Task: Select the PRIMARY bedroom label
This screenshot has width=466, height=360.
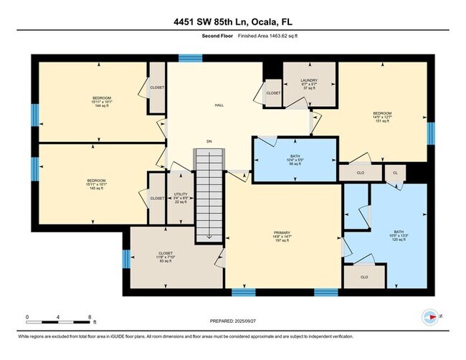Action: point(281,237)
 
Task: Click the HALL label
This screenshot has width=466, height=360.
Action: point(219,105)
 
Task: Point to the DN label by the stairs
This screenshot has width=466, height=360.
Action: point(209,141)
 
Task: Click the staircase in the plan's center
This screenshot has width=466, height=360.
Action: point(209,194)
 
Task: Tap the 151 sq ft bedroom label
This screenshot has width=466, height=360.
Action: point(381,117)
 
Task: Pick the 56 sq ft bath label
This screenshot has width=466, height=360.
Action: point(295,159)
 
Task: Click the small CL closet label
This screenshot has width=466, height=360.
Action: point(394,173)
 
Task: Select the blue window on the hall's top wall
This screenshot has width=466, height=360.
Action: point(190,58)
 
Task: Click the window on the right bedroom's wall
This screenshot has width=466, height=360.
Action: point(431,132)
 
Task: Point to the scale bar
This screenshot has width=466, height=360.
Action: point(57,321)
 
